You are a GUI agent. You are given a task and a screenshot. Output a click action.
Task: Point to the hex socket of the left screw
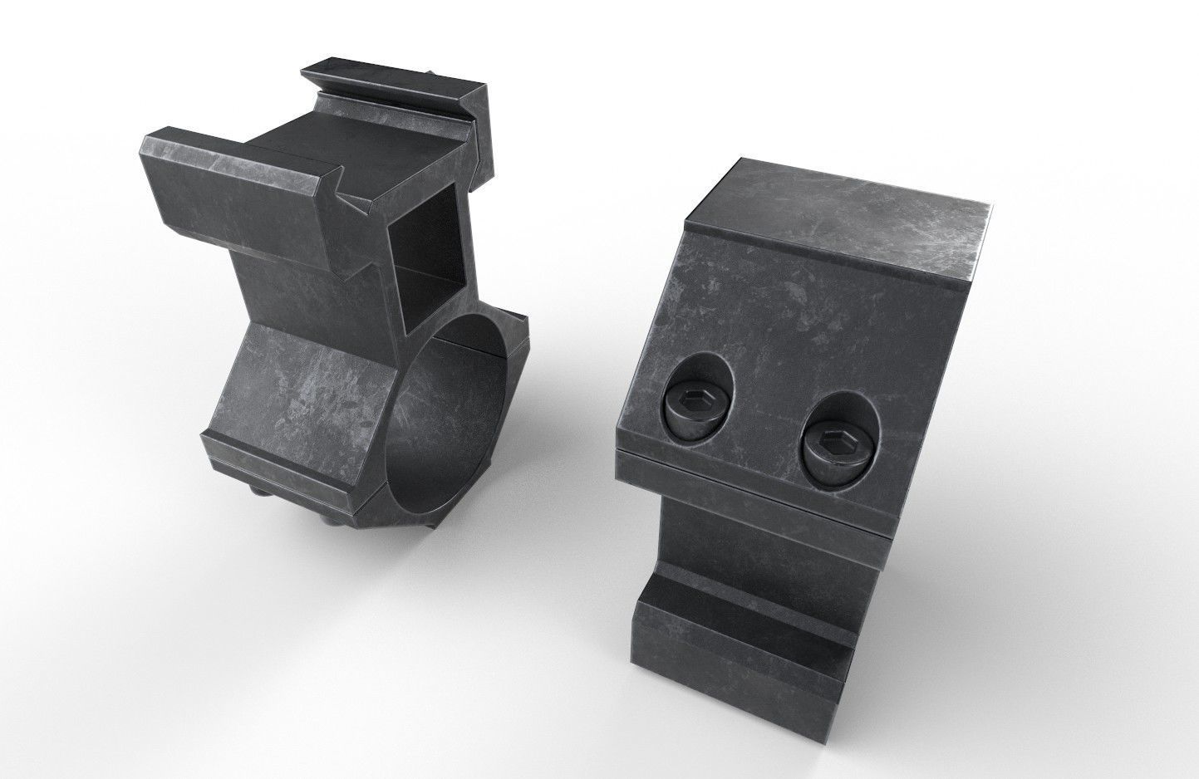tap(693, 404)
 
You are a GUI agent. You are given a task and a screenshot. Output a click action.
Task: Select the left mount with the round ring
tap(349, 299)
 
